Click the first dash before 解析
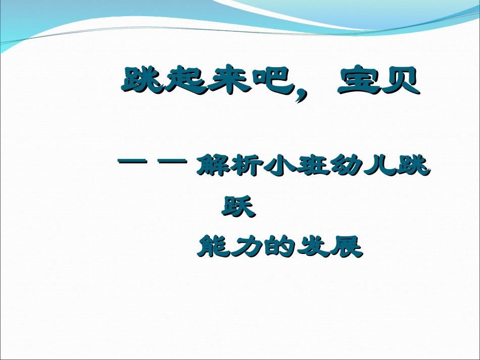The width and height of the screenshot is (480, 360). point(132,162)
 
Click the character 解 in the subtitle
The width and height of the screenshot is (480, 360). point(212,166)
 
